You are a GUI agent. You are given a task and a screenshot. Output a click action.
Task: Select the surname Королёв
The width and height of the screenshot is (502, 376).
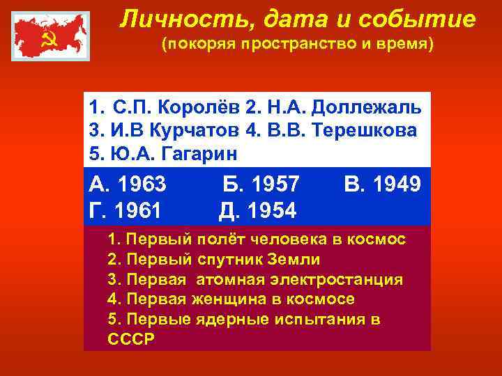coord(200,109)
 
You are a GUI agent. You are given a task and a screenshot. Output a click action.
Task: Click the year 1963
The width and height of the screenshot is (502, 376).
coord(142,185)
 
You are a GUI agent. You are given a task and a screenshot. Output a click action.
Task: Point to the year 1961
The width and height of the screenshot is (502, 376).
coord(137,208)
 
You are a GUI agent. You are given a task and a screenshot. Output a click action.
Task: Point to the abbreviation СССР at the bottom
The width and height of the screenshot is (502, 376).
coord(131,339)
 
